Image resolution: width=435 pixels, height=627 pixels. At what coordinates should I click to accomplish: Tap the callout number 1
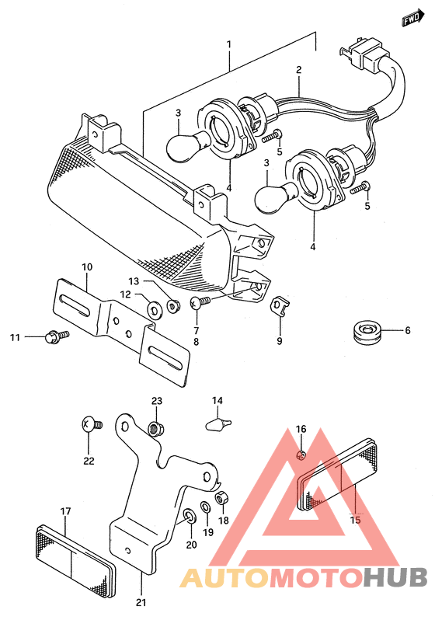coord(228,44)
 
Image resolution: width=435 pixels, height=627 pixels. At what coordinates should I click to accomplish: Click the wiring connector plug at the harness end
coord(364,55)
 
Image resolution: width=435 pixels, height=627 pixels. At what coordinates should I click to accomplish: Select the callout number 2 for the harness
coord(298,70)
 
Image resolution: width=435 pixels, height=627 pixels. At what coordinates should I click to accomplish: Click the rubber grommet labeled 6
coord(367,332)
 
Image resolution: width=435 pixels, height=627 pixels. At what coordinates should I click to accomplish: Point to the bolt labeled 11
coord(57,336)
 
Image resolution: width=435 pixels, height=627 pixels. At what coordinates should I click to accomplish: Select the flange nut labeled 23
coord(156,428)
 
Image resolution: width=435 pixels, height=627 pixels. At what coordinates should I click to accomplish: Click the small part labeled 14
coord(218,424)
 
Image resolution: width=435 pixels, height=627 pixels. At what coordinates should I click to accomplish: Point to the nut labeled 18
coord(222,499)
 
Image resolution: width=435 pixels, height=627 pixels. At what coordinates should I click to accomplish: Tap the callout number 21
coord(141,602)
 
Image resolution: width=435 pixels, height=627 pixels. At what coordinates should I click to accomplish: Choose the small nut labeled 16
coord(302,455)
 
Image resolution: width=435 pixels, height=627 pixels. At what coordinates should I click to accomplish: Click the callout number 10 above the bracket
coord(87,266)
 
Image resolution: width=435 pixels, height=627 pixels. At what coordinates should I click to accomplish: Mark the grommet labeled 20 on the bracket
coord(189,517)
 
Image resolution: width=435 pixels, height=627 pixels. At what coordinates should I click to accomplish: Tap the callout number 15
coord(355,520)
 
